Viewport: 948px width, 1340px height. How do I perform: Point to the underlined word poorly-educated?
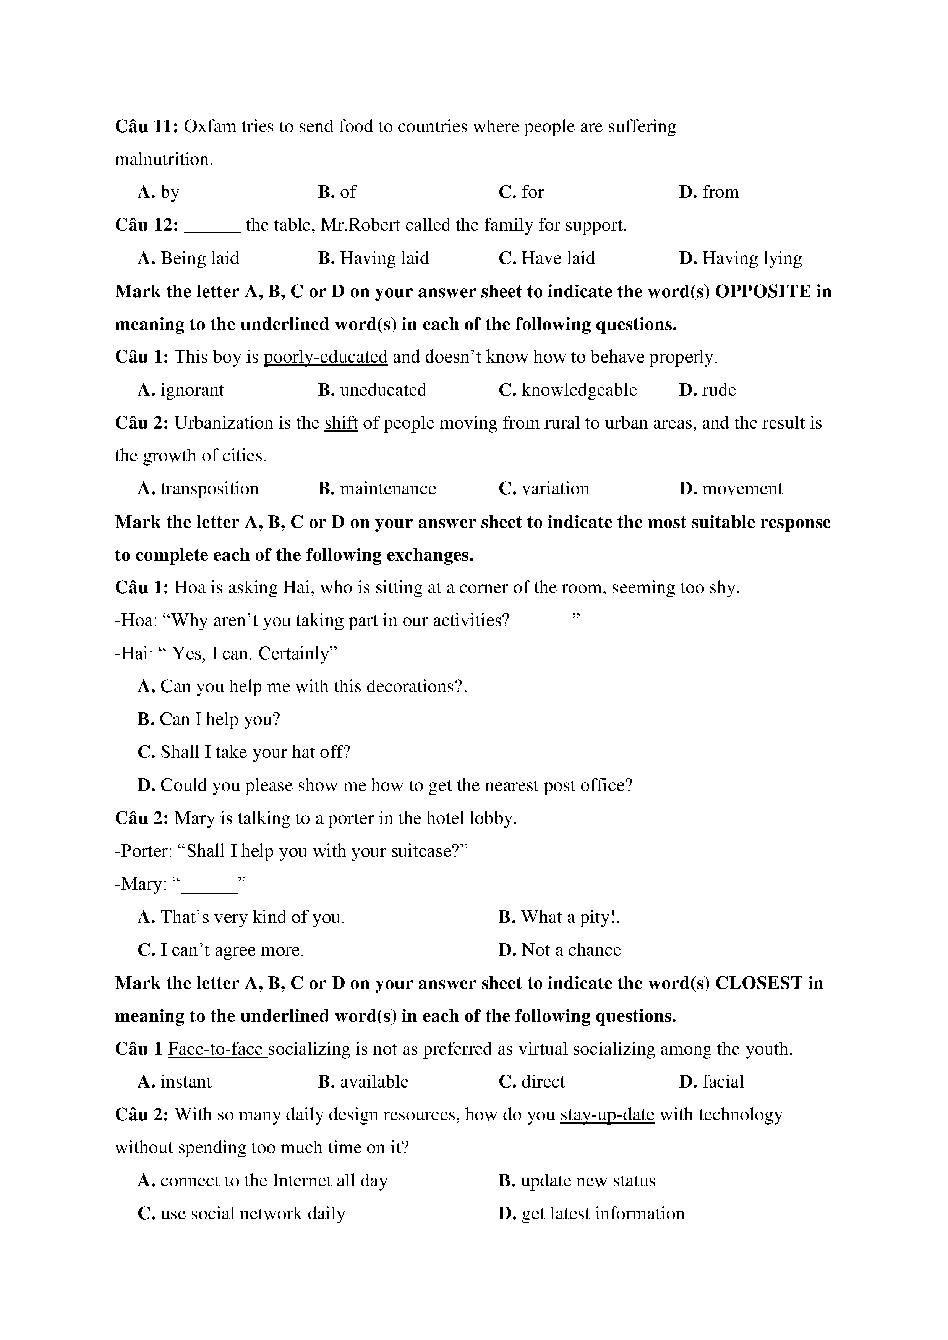pyautogui.click(x=325, y=357)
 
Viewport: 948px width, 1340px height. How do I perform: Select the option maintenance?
pyautogui.click(x=387, y=489)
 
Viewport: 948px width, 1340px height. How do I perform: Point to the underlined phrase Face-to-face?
pyautogui.click(x=217, y=1049)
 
